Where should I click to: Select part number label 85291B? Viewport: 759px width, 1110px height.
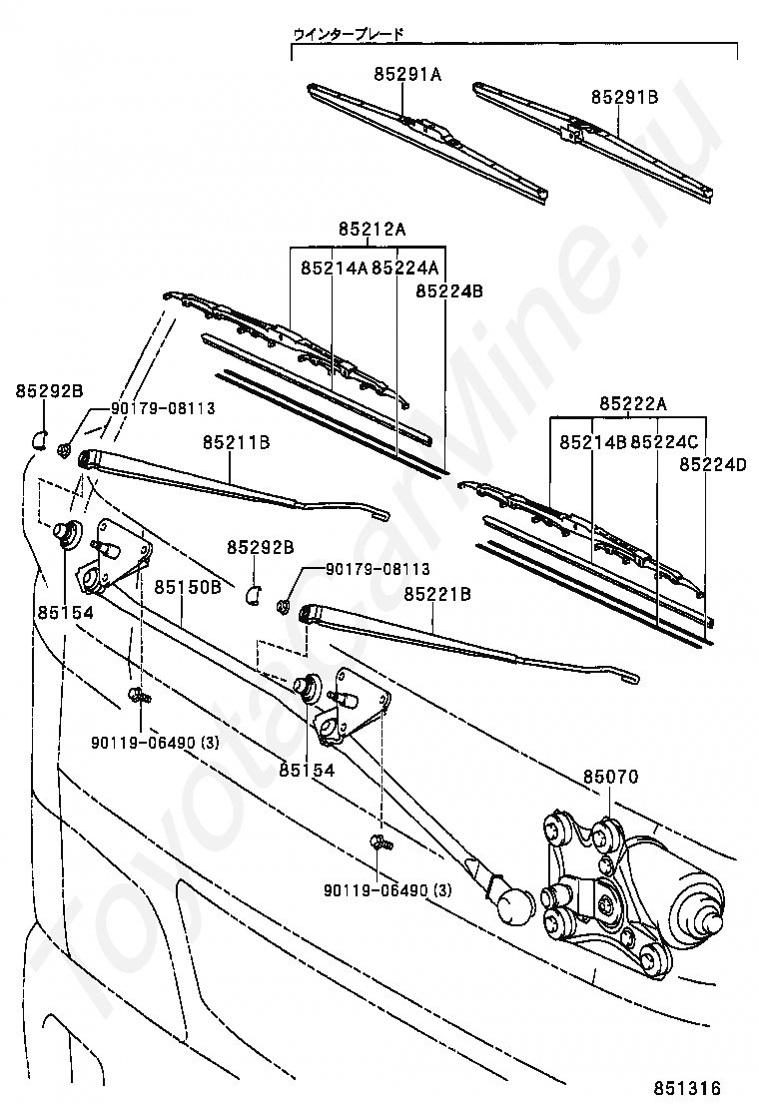coord(624,97)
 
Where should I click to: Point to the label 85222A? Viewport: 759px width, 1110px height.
coord(633,403)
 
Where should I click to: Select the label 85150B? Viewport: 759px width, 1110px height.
coord(187,588)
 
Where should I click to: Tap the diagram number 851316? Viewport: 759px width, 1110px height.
coord(687,1087)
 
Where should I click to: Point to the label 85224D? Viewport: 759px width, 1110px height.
coord(713,464)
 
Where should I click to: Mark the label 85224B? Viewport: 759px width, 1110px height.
coord(449,291)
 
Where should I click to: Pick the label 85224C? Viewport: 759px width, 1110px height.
coord(664,440)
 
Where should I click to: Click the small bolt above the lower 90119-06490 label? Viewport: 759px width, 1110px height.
coord(379,843)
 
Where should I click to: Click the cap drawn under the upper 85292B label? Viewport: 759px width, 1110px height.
coord(40,438)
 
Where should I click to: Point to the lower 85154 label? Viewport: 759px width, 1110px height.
coord(307,770)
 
